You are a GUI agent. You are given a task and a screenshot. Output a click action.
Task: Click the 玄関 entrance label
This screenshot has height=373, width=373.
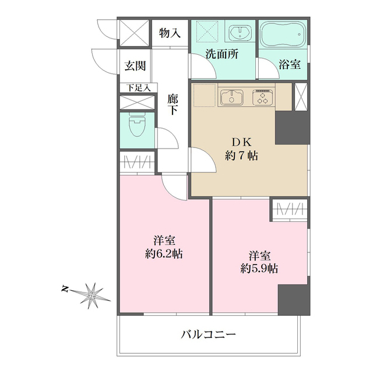pyautogui.click(x=135, y=66)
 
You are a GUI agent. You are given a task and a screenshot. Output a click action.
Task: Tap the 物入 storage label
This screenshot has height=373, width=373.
pyautogui.click(x=170, y=33)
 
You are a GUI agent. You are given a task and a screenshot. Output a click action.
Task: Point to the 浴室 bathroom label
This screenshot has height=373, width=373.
pyautogui.click(x=289, y=64)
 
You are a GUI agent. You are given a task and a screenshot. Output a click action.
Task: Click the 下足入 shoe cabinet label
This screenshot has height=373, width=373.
pyautogui.click(x=138, y=88)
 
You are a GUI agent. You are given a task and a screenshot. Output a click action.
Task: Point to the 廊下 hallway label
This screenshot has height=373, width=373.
pyautogui.click(x=173, y=104)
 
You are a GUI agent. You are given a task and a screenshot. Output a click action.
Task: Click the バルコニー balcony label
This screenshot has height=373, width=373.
pyautogui.click(x=208, y=335)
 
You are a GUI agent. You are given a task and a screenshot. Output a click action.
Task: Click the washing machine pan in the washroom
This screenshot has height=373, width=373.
pyautogui.click(x=206, y=31)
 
